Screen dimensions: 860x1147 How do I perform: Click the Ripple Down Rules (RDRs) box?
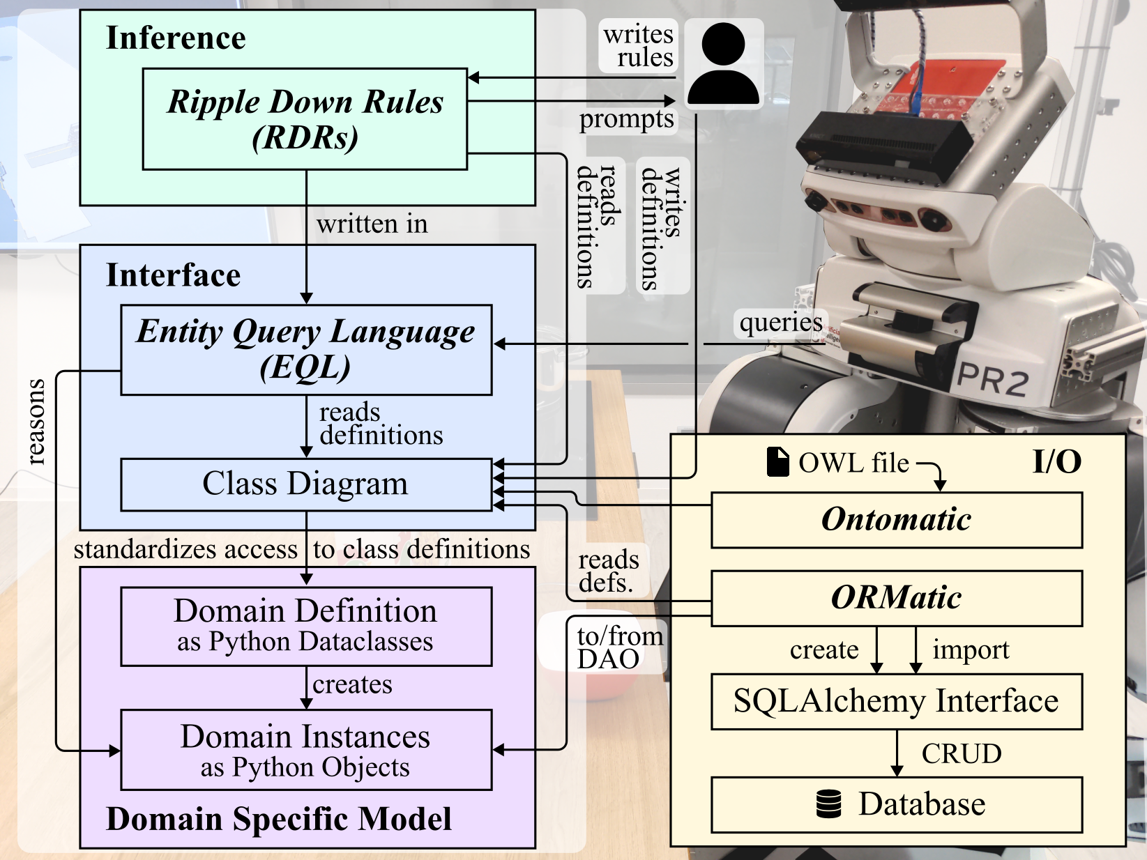(x=305, y=118)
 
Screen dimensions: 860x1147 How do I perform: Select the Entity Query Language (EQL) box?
(x=306, y=349)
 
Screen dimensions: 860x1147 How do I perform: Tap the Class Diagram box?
(x=306, y=484)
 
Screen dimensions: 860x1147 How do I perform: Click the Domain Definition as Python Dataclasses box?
(x=306, y=626)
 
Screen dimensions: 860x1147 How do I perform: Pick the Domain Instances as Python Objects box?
(x=306, y=749)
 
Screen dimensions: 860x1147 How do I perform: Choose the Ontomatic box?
(x=896, y=520)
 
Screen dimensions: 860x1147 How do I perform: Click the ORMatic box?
(x=896, y=598)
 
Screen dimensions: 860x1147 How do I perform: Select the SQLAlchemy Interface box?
(x=896, y=701)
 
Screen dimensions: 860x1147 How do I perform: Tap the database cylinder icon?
(x=829, y=804)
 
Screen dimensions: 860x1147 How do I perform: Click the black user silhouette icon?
(x=723, y=63)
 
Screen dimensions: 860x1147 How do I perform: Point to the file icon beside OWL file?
(x=777, y=462)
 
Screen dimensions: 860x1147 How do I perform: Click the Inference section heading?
(x=176, y=38)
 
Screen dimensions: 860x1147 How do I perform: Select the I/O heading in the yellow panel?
(x=1056, y=461)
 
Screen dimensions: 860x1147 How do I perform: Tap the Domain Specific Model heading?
(x=279, y=819)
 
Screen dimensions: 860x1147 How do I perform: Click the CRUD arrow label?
(x=962, y=753)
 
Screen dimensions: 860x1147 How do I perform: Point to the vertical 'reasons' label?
(x=35, y=422)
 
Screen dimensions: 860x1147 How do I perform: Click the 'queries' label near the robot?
(x=781, y=323)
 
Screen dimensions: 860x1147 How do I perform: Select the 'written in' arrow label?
(x=372, y=224)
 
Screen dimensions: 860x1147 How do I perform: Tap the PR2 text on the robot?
(x=992, y=381)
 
